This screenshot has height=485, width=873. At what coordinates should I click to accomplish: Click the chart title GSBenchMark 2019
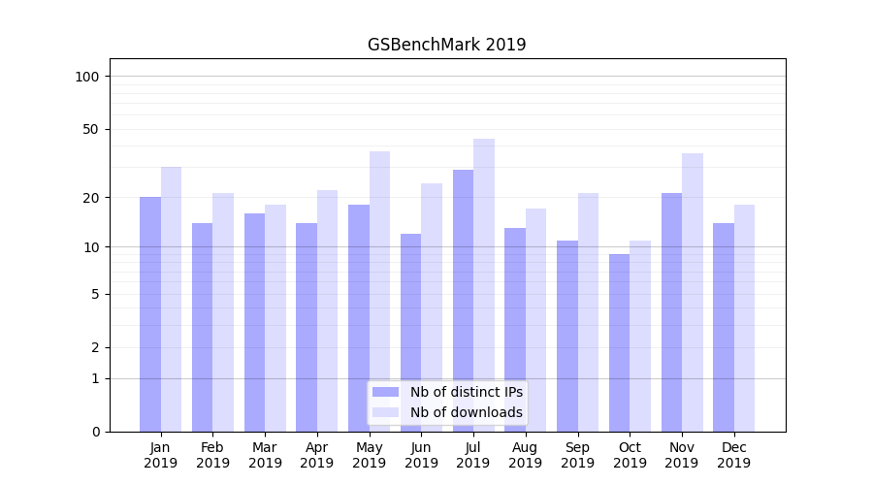pos(446,45)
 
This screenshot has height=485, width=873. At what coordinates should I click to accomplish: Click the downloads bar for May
pos(379,291)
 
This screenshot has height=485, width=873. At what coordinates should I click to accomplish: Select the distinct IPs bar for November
pos(671,311)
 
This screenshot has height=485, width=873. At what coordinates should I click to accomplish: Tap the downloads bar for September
pos(588,311)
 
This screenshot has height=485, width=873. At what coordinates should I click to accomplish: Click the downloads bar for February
pos(223,311)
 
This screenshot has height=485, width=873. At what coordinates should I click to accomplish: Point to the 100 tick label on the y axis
pos(87,77)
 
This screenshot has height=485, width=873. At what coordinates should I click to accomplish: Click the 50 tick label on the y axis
pos(91,129)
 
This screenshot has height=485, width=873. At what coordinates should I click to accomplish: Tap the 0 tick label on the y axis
pos(95,432)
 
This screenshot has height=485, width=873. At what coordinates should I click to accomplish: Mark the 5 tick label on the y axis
pos(95,294)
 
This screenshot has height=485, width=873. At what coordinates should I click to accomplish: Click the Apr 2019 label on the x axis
pos(317,455)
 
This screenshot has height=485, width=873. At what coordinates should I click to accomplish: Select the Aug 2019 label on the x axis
pos(526,455)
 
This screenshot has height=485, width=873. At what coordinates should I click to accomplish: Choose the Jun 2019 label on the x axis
pos(421,455)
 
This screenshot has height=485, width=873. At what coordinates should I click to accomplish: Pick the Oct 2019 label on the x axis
pos(630,455)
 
